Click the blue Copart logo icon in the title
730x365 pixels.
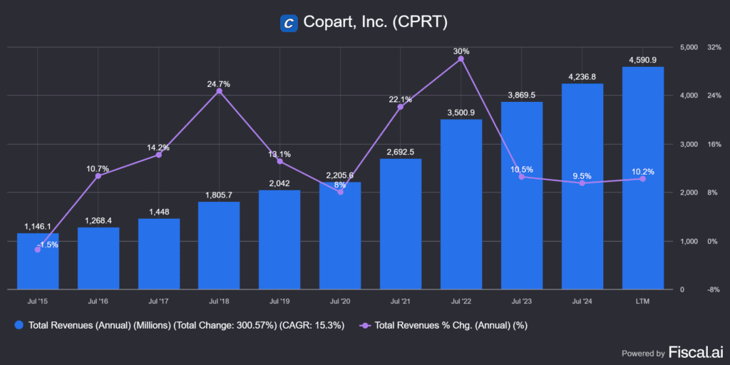(289, 23)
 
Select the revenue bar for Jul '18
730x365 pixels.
(219, 245)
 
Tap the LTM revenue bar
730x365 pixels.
(642, 178)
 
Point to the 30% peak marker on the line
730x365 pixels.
(461, 58)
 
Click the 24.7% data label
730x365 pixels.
(219, 84)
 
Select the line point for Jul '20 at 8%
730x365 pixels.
(340, 192)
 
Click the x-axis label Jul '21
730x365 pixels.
(400, 302)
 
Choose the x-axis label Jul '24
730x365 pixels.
(582, 302)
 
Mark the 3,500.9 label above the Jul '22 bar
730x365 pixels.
(461, 113)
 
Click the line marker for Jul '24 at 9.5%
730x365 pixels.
(582, 183)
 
